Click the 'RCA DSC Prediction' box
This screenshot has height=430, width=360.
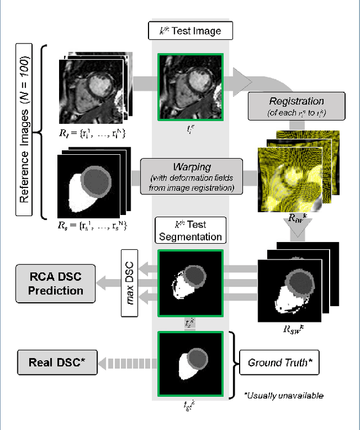click(56, 283)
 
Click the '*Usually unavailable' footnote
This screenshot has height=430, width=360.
click(283, 396)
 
